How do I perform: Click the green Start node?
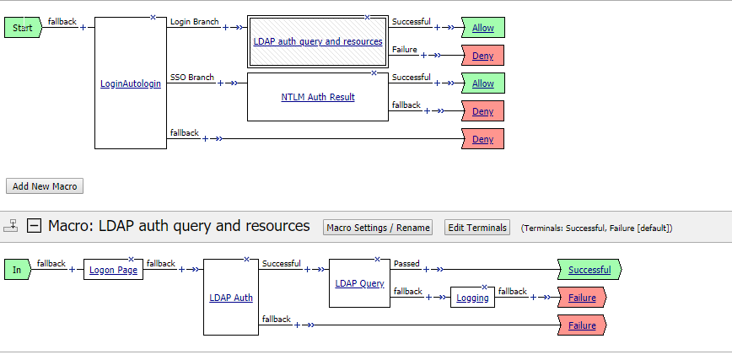[22, 28]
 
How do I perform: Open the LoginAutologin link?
[130, 83]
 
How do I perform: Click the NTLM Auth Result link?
[317, 97]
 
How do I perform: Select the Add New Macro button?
[45, 186]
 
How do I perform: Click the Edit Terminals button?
[476, 228]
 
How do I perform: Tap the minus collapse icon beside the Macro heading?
[34, 226]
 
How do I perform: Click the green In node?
[17, 270]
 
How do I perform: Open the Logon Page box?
[113, 270]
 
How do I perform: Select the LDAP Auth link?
[230, 298]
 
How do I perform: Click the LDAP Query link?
[359, 283]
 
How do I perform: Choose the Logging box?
[472, 298]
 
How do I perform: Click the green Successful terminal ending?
[589, 270]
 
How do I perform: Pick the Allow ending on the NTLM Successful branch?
[482, 83]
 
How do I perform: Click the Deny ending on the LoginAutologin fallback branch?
[482, 139]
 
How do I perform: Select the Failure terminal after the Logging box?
[581, 298]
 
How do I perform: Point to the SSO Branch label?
[191, 78]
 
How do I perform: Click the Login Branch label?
[194, 21]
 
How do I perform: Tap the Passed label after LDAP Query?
[406, 264]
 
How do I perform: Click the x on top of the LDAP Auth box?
[245, 258]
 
